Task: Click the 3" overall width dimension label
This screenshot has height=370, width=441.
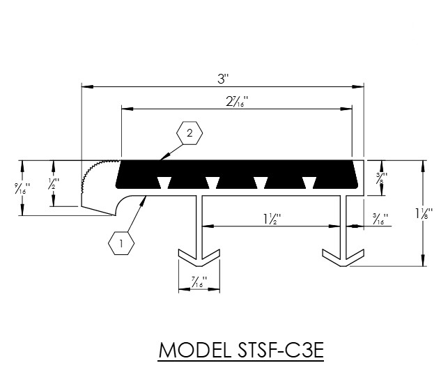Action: [224, 79]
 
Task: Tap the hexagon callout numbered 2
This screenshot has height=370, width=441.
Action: [189, 133]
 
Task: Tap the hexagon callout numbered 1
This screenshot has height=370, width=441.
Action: [121, 243]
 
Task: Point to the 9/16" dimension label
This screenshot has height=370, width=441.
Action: [22, 188]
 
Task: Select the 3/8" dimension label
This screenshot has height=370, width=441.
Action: [382, 178]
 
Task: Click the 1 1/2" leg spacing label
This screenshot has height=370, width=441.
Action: [272, 219]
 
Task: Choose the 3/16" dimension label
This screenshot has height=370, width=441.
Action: [380, 219]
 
